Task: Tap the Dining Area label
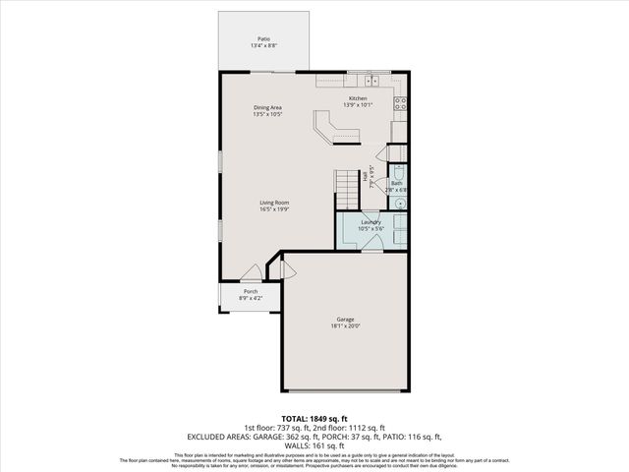pos(268,107)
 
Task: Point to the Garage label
pos(344,320)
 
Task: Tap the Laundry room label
pos(371,222)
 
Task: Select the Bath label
pos(396,183)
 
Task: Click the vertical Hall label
pos(366,176)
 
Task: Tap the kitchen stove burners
pos(401,102)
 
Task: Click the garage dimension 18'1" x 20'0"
pos(344,326)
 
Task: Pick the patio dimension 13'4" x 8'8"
pos(262,45)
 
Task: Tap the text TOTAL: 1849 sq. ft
pos(314,420)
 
